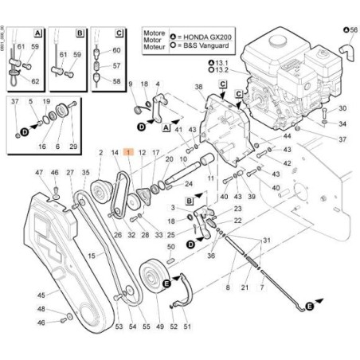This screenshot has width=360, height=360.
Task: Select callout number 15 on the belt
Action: click(x=92, y=256)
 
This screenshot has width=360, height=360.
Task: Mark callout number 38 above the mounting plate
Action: click(x=198, y=86)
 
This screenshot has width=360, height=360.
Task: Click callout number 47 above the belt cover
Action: click(x=38, y=173)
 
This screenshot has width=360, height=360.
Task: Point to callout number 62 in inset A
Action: click(x=35, y=81)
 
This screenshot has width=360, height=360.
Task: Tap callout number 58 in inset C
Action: click(x=118, y=81)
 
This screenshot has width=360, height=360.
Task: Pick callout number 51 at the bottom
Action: click(x=188, y=325)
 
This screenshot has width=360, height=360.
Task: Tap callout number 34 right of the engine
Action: click(x=342, y=124)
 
